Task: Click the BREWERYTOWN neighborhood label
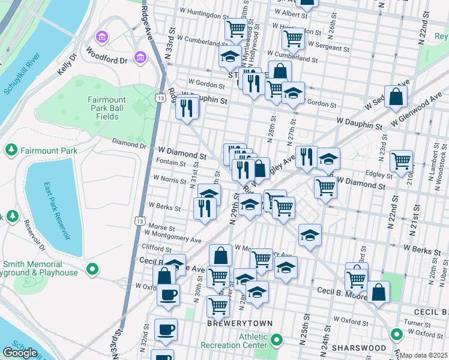240,323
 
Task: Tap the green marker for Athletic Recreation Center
276,341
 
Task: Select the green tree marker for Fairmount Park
11,148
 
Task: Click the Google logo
20,352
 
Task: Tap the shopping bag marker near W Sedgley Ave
396,96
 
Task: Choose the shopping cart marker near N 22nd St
401,161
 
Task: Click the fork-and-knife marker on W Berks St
205,208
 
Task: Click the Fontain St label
170,163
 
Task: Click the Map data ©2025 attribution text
424,355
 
